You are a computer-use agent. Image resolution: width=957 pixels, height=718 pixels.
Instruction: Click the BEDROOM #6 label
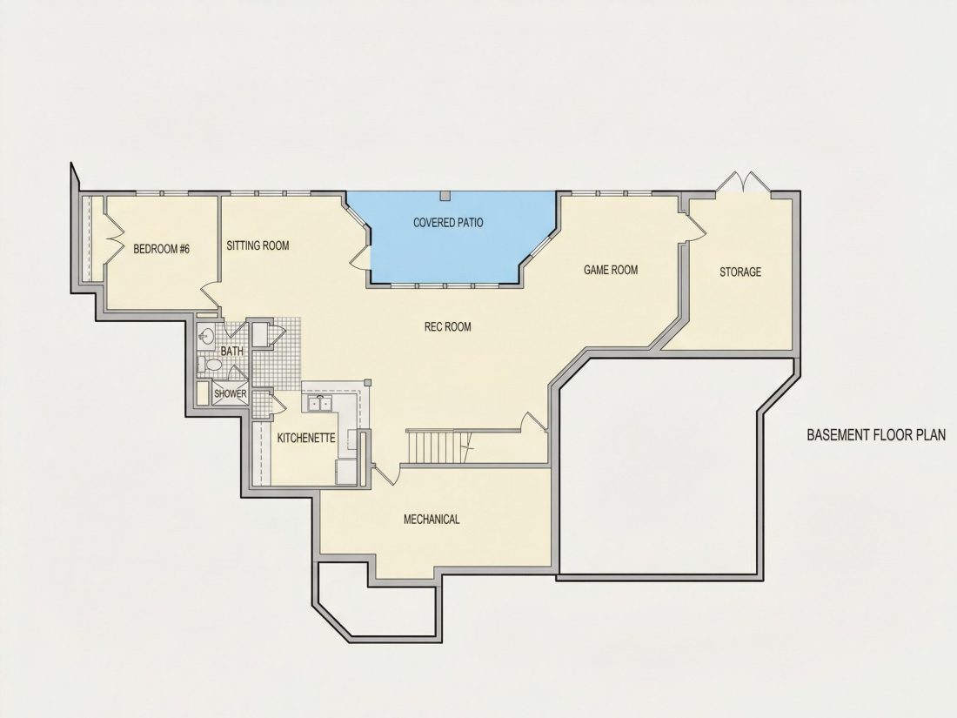coord(162,249)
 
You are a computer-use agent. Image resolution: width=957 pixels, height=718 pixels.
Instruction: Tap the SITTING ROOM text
coord(258,245)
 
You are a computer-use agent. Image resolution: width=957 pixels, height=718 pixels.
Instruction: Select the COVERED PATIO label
coord(448,222)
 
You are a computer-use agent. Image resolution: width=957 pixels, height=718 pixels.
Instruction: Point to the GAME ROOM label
coord(611,269)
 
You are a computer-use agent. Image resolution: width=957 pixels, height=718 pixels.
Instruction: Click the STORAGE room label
coord(740,272)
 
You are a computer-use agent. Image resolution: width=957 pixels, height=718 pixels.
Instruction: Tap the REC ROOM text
coord(448,326)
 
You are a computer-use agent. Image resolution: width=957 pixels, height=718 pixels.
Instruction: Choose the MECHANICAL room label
coord(432,519)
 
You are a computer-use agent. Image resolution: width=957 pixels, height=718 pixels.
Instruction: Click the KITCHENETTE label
coord(306,438)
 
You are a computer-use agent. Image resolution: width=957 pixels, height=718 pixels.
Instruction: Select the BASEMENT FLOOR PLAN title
coord(876,434)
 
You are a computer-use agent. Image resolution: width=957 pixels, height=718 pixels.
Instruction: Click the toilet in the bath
coord(211,366)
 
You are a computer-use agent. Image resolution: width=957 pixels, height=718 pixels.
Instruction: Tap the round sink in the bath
coord(206,335)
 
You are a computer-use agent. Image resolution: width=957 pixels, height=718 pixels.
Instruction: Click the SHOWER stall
coord(230,393)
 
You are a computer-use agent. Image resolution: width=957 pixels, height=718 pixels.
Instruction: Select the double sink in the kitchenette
coord(320,403)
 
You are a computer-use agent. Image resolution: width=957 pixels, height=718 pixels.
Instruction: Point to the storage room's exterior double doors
coord(743,183)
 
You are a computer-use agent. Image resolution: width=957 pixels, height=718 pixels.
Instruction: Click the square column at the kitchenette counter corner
coord(367,382)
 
